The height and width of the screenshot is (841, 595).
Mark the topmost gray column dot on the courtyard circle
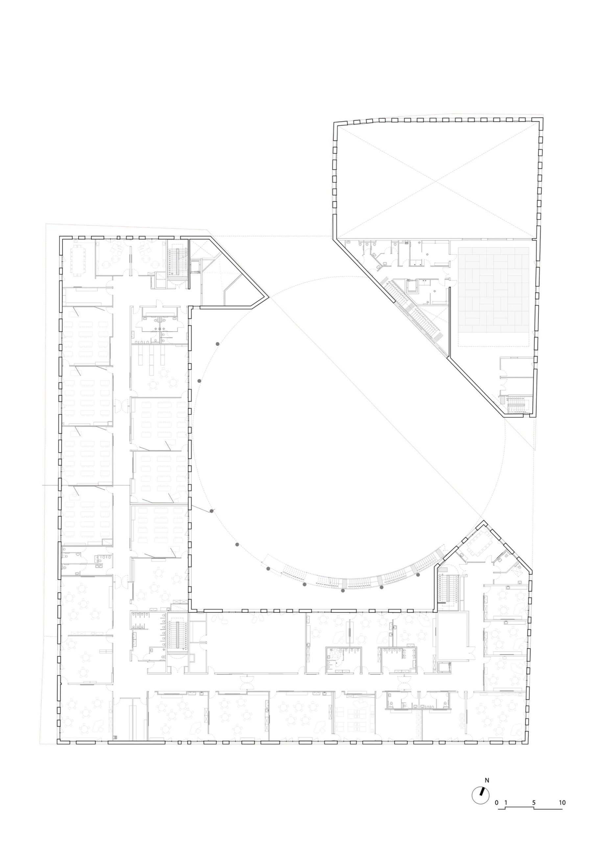pos(217,344)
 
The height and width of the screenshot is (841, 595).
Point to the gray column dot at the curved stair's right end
pos(418,575)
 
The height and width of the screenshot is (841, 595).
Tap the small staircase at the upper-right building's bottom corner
pos(518,404)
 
